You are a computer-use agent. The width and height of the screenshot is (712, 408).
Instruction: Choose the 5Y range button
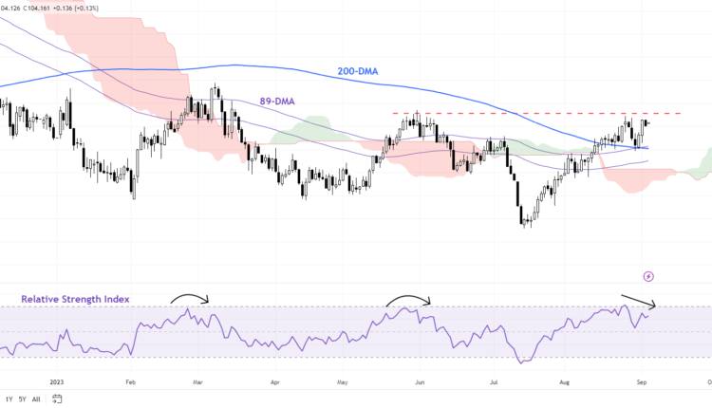pos(22,399)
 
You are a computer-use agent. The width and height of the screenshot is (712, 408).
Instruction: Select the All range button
pos(36,399)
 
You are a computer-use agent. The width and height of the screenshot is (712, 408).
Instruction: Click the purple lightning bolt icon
pos(648,276)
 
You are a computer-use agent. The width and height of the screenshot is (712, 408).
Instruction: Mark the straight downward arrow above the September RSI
pos(637,301)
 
